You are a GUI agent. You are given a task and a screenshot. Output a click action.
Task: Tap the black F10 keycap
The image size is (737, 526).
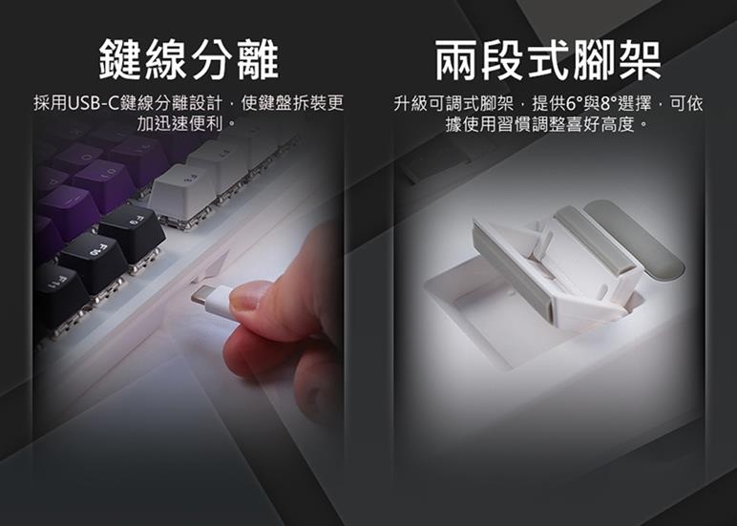click(x=94, y=261)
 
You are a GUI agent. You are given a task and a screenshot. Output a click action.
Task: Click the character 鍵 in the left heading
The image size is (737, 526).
click(x=121, y=60)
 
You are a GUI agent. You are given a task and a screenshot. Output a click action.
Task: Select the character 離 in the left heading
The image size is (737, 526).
click(x=258, y=60)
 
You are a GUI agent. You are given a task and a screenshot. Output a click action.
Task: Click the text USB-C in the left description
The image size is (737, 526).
click(x=94, y=103)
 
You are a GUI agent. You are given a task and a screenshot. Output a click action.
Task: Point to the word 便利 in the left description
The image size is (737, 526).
click(x=205, y=124)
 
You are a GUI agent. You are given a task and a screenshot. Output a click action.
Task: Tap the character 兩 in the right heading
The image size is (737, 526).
click(x=456, y=60)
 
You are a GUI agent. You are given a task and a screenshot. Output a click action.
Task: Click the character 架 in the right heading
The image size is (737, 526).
click(x=639, y=60)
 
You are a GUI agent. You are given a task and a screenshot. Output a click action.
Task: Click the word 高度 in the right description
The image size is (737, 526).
click(x=618, y=124)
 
